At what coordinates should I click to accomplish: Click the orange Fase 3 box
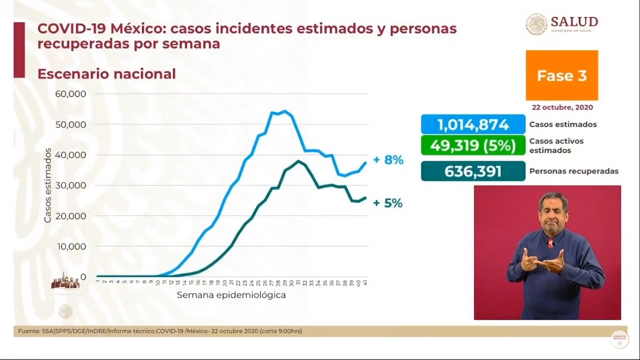click(x=562, y=75)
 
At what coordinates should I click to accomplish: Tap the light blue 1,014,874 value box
click(x=473, y=125)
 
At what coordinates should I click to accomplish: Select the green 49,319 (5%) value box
click(x=473, y=145)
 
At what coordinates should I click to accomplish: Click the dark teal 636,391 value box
click(x=473, y=171)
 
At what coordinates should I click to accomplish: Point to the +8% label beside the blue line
click(x=388, y=160)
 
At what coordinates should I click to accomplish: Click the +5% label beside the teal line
click(x=387, y=203)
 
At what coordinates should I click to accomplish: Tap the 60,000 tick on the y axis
click(x=71, y=94)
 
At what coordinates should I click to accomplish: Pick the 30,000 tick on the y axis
click(x=71, y=185)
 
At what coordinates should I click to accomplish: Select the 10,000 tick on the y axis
click(x=71, y=246)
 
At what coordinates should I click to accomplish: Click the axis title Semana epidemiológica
click(x=231, y=295)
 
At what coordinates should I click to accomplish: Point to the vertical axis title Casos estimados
click(x=48, y=185)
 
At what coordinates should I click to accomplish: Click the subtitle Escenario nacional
click(x=106, y=74)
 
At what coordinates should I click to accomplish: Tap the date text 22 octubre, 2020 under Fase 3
click(x=562, y=107)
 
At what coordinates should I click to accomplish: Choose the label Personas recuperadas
click(x=573, y=172)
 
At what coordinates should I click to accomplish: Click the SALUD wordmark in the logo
click(x=574, y=22)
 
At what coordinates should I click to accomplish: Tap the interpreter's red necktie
click(x=550, y=243)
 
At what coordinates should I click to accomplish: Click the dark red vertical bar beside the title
click(x=19, y=50)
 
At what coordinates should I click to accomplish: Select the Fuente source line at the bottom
click(x=160, y=331)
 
